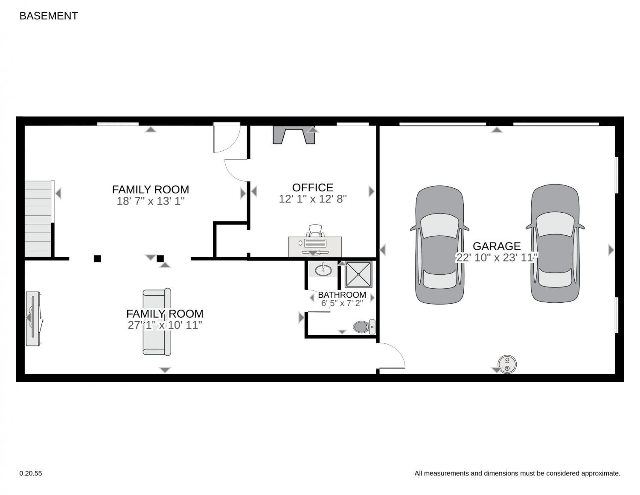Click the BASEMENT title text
click(49, 16)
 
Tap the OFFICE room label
click(312, 187)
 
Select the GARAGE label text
click(497, 246)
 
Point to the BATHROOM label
click(342, 295)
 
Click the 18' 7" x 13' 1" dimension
click(151, 201)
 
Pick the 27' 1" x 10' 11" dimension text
click(165, 325)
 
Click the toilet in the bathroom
click(364, 327)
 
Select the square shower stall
click(358, 275)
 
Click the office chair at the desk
click(315, 231)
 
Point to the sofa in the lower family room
click(157, 322)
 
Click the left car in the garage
click(439, 245)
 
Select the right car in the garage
click(555, 243)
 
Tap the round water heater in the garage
click(507, 364)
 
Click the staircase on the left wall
click(38, 219)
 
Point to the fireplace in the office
click(294, 135)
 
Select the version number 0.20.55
click(31, 474)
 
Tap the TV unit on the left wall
click(33, 319)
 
